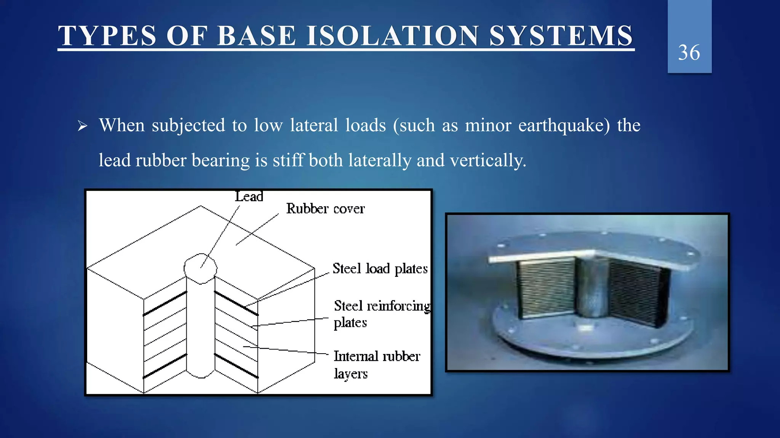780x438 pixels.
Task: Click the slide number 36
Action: point(689,52)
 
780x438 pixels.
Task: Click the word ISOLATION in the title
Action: point(392,36)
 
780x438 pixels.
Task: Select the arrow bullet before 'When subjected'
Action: point(82,126)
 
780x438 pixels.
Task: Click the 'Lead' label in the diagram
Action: point(249,197)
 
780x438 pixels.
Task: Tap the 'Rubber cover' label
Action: point(325,209)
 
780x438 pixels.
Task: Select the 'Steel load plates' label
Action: point(380,268)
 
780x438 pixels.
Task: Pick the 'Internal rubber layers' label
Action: point(376,364)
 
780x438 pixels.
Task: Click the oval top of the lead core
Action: point(200,268)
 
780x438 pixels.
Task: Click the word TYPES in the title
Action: point(107,36)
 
